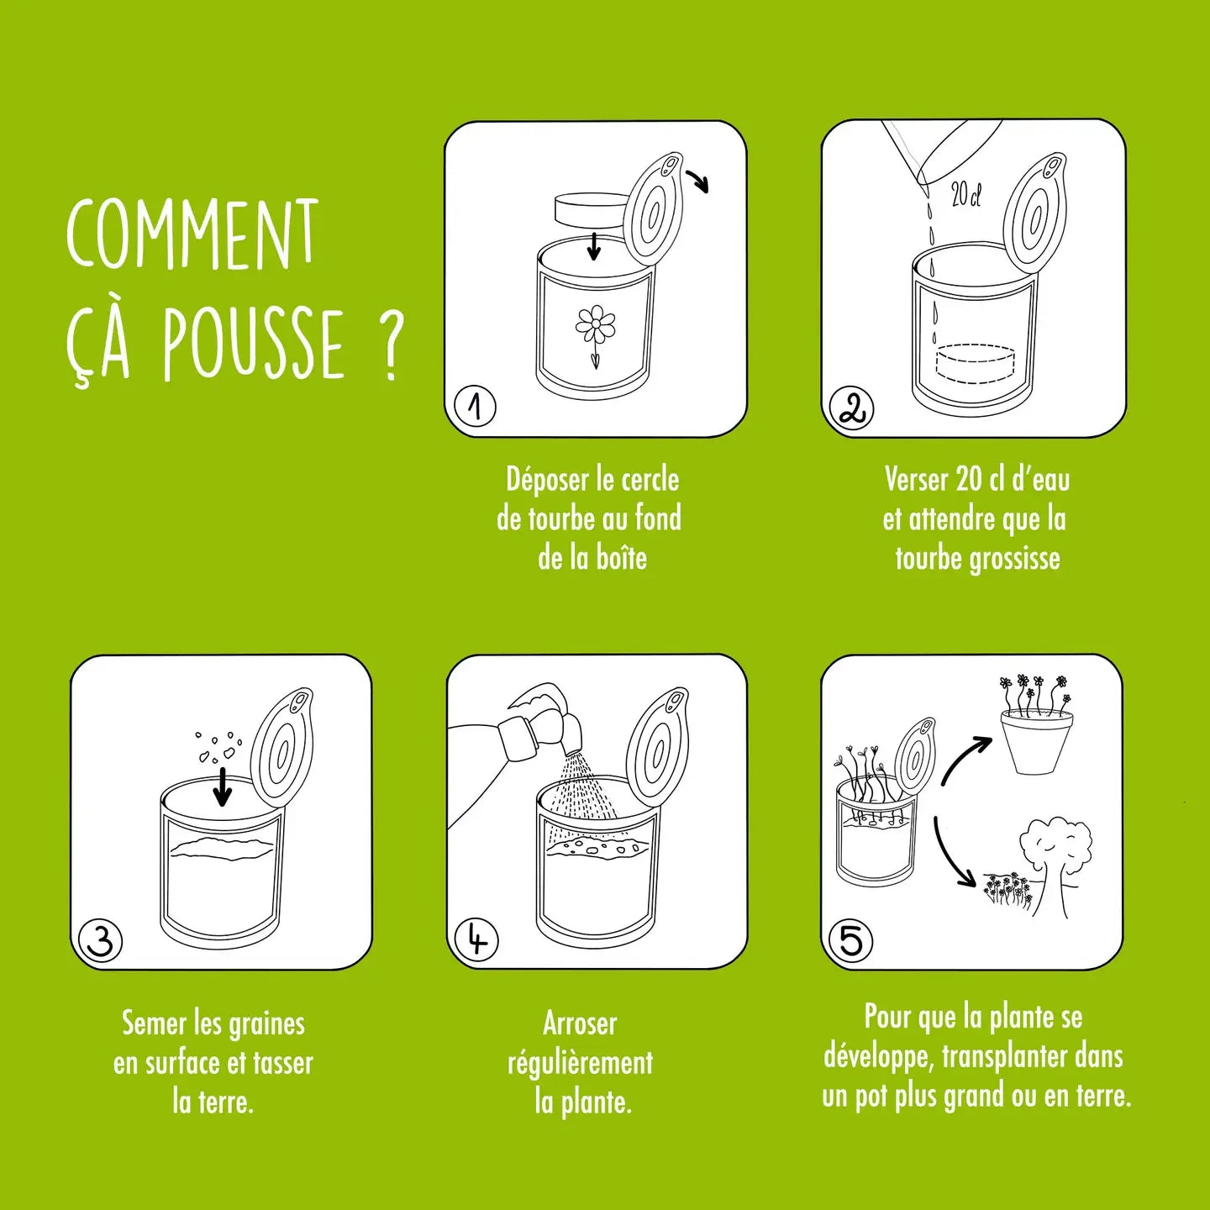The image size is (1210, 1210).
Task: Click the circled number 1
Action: click(476, 407)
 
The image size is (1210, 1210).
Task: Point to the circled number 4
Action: click(476, 939)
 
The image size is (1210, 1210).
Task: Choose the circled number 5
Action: click(850, 939)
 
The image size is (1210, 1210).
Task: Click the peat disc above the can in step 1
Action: click(592, 211)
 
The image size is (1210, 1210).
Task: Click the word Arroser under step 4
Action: click(580, 1023)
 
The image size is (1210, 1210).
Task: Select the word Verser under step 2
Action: click(917, 479)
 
